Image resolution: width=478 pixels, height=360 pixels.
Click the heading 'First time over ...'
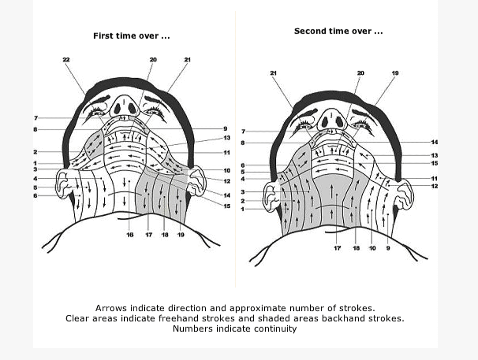(x=131, y=36)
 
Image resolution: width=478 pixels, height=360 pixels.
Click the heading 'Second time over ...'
(x=338, y=31)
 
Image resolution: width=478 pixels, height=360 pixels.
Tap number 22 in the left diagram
(x=66, y=60)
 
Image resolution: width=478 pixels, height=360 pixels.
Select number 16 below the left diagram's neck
(x=130, y=235)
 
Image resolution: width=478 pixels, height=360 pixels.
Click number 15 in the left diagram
(x=227, y=206)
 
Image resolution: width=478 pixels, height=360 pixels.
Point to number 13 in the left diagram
(x=227, y=138)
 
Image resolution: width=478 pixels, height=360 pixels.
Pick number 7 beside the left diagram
(x=36, y=118)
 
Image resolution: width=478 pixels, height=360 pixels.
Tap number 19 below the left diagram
(x=181, y=235)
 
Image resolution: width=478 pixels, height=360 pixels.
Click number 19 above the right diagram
(x=395, y=73)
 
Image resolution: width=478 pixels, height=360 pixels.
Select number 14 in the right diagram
(x=435, y=142)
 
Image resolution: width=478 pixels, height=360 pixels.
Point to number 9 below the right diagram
(x=388, y=248)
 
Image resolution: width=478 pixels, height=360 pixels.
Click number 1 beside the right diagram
(x=243, y=209)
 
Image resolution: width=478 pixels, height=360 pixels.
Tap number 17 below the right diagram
(x=337, y=248)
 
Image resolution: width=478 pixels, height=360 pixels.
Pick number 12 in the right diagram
(x=435, y=187)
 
